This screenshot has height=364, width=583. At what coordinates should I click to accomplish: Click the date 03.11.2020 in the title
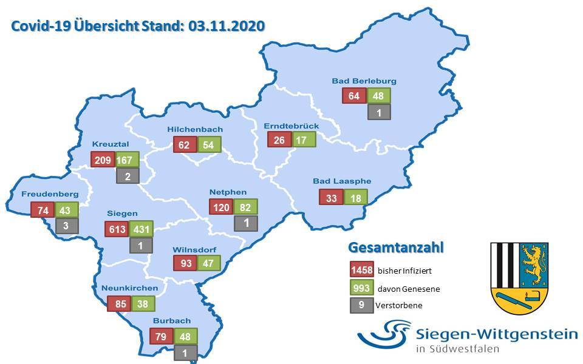point(227,27)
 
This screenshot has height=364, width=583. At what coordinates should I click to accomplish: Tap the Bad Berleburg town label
point(364,80)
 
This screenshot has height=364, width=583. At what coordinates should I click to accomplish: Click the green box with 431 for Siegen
point(140,229)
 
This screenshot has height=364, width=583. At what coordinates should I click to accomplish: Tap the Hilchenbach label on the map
point(195,129)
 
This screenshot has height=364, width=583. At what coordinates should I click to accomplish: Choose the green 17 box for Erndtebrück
point(304,140)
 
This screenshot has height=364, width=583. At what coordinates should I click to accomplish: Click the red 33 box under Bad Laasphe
point(331,197)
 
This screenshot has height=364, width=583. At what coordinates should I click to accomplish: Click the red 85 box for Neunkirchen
point(118,303)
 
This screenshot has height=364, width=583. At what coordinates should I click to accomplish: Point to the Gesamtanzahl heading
point(396,248)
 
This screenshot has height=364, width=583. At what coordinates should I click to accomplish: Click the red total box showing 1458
point(361,270)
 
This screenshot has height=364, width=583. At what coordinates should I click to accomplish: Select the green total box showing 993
point(361,288)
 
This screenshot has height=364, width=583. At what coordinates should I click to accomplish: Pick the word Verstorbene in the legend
point(399,306)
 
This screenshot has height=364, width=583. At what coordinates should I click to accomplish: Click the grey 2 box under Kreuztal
point(128,177)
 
